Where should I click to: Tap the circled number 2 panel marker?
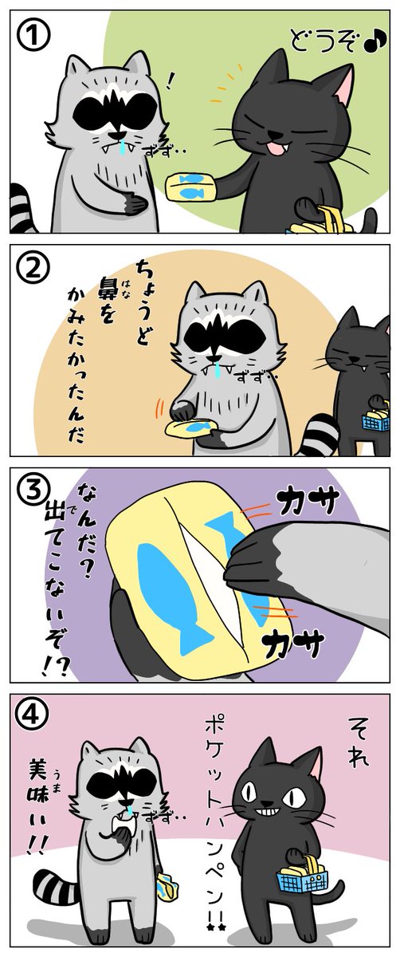[33, 268]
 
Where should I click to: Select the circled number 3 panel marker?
[33, 491]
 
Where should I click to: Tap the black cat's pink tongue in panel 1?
[274, 148]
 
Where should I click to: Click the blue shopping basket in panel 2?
[375, 421]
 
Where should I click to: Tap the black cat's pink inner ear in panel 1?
[345, 88]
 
